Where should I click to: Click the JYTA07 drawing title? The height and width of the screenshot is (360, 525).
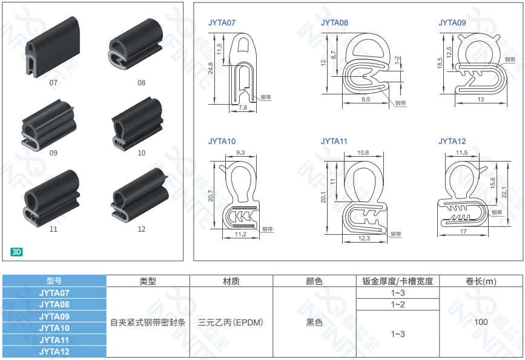click(x=222, y=23)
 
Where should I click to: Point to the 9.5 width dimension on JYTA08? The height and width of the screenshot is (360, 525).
click(x=366, y=99)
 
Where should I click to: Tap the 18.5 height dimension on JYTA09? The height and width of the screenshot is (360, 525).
click(x=440, y=62)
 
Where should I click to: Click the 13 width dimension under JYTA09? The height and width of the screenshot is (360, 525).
click(x=481, y=99)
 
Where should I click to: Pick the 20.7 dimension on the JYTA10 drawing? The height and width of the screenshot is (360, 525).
click(x=211, y=195)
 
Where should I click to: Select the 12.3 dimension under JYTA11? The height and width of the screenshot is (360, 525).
click(x=364, y=238)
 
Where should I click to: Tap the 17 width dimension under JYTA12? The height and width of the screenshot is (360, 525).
click(x=463, y=232)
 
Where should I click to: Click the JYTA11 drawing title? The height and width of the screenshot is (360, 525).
click(x=334, y=142)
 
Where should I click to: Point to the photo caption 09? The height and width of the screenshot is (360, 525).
click(x=53, y=153)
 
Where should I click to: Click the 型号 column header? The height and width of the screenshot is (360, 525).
click(x=54, y=281)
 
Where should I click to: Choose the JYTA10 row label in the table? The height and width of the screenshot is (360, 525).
click(x=54, y=328)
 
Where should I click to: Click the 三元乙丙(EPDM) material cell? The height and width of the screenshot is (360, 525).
click(x=231, y=322)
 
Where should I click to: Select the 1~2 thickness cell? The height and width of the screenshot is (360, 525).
click(x=398, y=304)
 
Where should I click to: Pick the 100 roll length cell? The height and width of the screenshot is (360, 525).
click(x=481, y=322)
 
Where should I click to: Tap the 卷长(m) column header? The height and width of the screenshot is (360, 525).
click(x=481, y=281)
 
